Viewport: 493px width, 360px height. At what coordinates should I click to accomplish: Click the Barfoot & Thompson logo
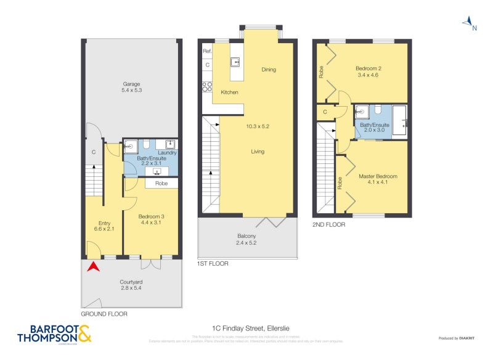54,333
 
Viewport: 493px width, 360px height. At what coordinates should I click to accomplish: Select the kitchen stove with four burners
208,87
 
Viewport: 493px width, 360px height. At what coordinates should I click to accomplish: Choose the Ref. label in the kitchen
207,51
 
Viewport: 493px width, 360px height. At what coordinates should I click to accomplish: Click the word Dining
269,70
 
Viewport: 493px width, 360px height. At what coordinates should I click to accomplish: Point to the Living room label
258,151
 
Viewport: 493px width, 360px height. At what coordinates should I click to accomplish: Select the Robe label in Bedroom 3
161,183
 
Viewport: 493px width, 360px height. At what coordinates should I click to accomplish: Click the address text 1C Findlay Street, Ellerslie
246,329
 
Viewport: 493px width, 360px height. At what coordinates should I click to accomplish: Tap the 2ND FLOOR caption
329,225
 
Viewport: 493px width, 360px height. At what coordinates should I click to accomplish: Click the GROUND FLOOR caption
104,314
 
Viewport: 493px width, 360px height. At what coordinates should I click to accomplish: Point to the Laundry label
167,152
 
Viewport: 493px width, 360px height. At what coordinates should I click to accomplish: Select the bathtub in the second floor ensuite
399,119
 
